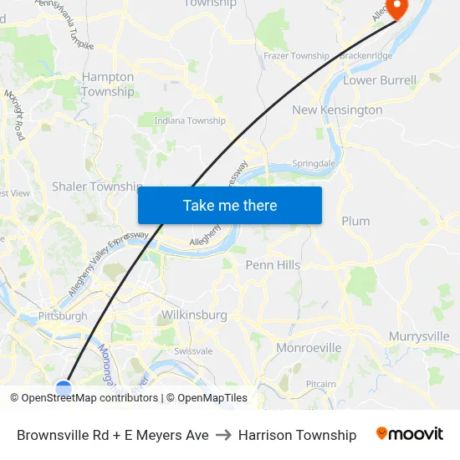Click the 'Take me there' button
(230, 205)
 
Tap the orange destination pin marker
(395, 8)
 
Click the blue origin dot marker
(64, 387)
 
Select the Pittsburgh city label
(63, 316)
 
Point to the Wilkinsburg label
(192, 315)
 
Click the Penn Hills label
(273, 265)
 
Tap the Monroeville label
(309, 347)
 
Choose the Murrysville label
(419, 336)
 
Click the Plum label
(355, 221)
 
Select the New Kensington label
(337, 110)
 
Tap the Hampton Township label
(108, 84)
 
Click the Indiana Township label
(190, 120)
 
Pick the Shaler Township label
(96, 187)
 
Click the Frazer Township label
(296, 56)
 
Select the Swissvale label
(193, 350)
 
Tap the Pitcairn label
(320, 384)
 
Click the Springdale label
(313, 164)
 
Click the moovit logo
(410, 434)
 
